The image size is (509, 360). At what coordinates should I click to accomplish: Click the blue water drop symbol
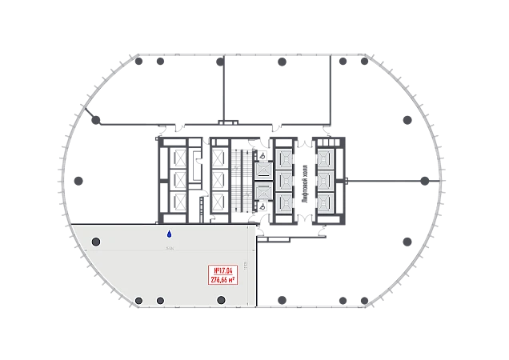pos(169,234)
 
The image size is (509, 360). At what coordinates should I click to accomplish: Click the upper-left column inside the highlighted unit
pos(96,242)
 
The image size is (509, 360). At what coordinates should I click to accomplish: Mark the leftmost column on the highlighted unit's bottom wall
pos(138,300)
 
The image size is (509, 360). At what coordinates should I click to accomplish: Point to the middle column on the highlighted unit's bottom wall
pos(160,300)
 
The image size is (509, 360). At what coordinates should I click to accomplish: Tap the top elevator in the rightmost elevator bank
pos(325,158)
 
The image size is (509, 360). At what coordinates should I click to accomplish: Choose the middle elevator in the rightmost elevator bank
pos(325,180)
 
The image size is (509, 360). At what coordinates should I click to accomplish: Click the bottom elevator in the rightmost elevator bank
pos(325,202)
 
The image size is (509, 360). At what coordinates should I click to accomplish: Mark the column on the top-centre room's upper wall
pos(280,61)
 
